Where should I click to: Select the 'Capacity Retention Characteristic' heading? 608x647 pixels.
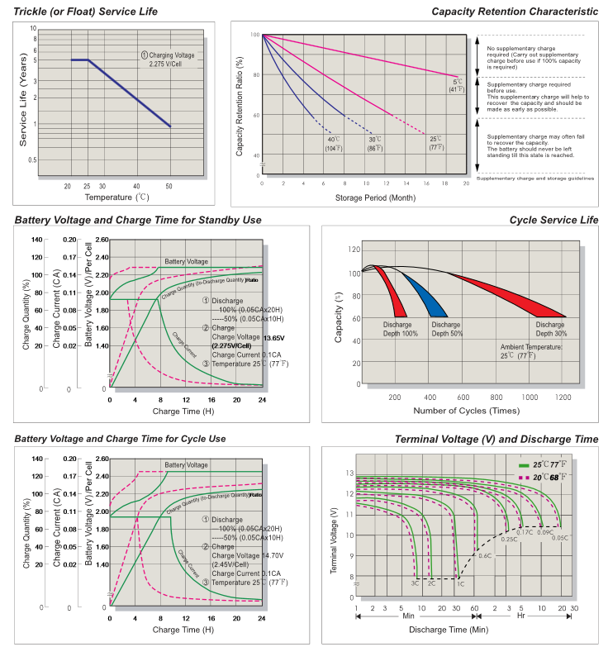(515, 11)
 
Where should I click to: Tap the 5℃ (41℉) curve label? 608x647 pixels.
(457, 84)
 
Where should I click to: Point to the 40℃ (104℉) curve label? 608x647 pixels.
(333, 143)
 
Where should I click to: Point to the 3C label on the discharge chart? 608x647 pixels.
(415, 583)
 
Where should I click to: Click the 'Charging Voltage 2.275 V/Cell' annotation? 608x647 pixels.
(166, 59)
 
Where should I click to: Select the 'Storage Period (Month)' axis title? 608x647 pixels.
(364, 198)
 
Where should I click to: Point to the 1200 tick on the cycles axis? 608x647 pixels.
(563, 397)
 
